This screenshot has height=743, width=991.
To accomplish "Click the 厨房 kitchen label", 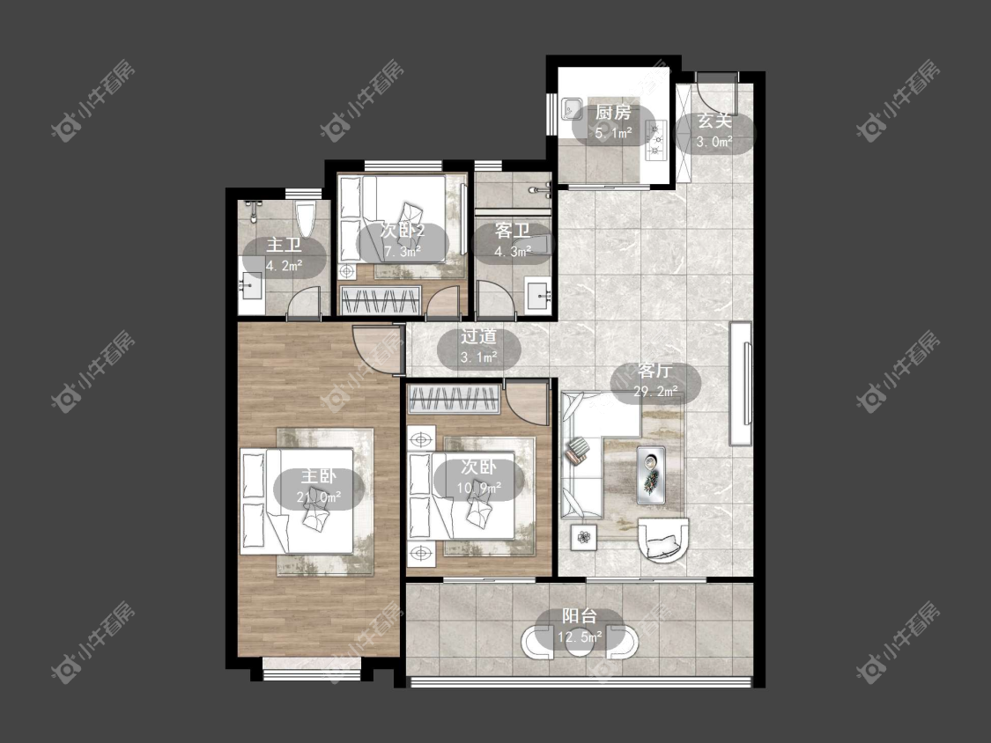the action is coord(613,113).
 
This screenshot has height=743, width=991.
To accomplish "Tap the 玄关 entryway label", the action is coord(714,121).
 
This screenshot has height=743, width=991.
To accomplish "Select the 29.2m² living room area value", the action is coord(655,392).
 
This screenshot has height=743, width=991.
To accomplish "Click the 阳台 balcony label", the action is coord(580,616).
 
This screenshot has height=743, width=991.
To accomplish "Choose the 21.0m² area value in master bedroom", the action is coord(319,497).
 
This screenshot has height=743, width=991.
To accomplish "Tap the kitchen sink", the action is coord(572,109).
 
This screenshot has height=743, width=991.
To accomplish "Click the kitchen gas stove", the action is coord(655,140).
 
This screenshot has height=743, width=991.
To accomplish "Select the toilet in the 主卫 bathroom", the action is coord(306,217).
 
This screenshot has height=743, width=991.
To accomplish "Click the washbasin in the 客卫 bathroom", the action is coord(539,295).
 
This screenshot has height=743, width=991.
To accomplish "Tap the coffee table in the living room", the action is coord(651,474).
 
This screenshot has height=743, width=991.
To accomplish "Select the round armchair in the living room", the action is coord(662,539).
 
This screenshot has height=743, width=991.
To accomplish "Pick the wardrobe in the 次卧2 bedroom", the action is coord(381,299).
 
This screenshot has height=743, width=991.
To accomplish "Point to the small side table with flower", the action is coord(584,537).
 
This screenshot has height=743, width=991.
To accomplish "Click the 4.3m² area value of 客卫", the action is coord(512,252).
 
